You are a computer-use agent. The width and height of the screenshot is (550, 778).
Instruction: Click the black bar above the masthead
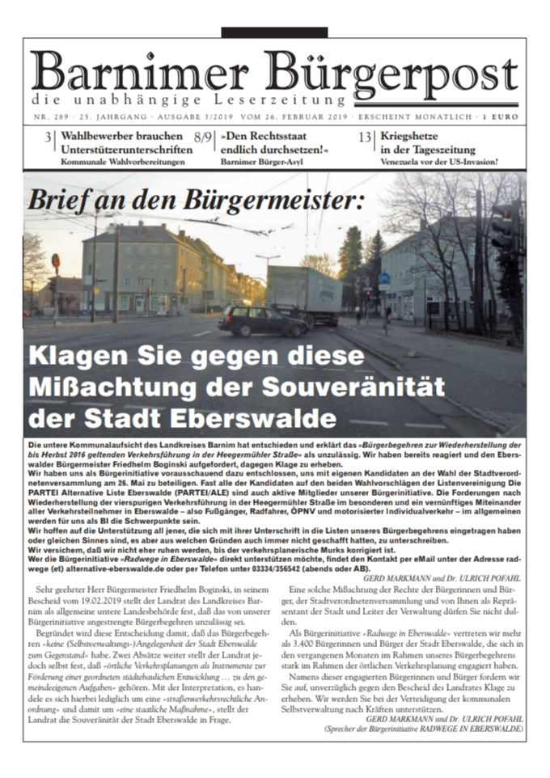point(274,32)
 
